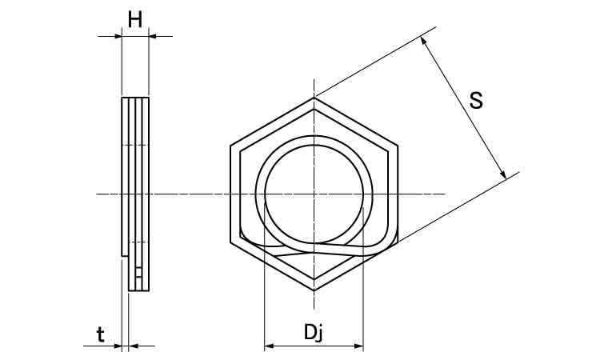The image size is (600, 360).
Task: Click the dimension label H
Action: pyautogui.click(x=135, y=19)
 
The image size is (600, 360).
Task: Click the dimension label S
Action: pyautogui.click(x=476, y=101)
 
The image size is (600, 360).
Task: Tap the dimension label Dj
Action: pyautogui.click(x=314, y=332)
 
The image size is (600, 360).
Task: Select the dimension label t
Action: pyautogui.click(x=100, y=334)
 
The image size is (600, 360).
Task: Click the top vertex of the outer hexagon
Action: pyautogui.click(x=314, y=98)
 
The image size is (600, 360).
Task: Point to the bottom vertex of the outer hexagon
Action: pyautogui.click(x=314, y=290)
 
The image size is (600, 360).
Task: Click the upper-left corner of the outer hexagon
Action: pyautogui.click(x=230, y=146)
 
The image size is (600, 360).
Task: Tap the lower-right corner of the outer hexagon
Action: pyautogui.click(x=398, y=242)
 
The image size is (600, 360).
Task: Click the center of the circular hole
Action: pyautogui.click(x=314, y=194)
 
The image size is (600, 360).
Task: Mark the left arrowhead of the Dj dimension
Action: pyautogui.click(x=268, y=346)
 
